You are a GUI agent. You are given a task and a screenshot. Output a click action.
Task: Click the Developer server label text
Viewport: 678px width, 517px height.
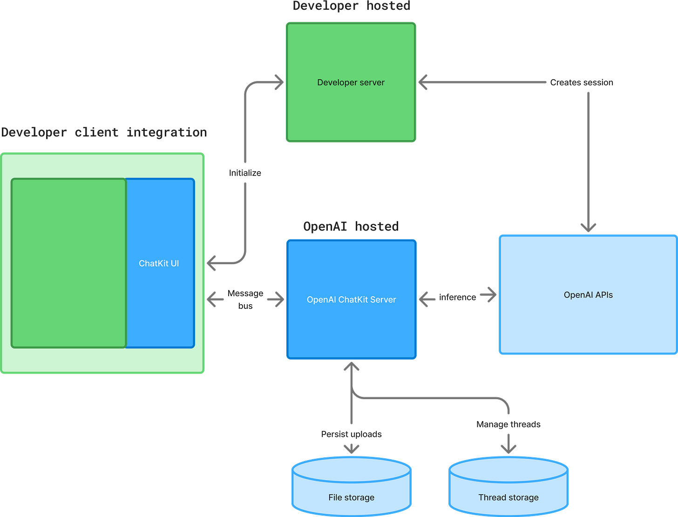click(351, 82)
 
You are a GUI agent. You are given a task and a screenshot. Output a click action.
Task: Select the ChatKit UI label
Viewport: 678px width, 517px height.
click(159, 263)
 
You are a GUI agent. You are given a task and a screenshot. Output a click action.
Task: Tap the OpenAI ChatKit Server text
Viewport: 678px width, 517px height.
click(351, 299)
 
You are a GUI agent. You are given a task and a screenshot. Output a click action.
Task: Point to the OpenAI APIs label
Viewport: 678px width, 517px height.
click(588, 295)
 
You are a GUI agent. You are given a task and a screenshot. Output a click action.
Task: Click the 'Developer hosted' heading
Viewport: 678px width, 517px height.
click(351, 6)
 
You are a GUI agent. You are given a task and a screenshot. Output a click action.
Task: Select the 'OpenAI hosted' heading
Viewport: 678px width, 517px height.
click(351, 226)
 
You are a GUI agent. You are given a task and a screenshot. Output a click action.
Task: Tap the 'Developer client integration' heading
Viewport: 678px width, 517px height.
click(104, 132)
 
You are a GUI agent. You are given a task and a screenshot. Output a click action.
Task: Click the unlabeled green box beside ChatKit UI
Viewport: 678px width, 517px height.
click(69, 263)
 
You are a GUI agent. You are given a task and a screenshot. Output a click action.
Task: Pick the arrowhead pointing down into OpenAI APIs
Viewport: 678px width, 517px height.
click(588, 228)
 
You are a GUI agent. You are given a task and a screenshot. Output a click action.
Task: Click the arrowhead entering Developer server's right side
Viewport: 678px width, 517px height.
click(423, 82)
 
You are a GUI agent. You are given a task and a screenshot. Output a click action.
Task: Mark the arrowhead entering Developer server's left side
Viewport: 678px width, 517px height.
click(279, 82)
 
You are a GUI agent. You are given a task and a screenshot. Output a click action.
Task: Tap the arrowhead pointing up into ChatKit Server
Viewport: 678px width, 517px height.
click(352, 367)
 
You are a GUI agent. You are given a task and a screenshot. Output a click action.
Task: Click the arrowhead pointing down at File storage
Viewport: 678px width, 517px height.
click(352, 449)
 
